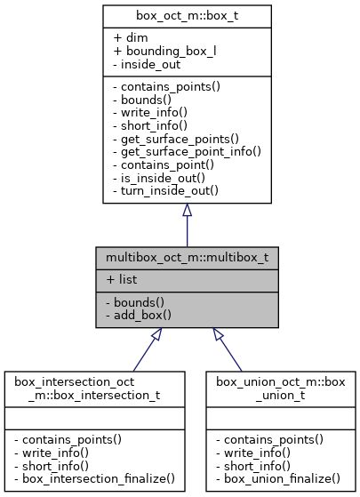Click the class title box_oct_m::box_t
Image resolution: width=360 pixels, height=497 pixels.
click(187, 16)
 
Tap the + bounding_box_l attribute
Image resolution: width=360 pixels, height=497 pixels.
click(165, 51)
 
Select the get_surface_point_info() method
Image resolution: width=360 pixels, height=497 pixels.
click(187, 152)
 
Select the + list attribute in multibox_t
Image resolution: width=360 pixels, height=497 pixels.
click(121, 279)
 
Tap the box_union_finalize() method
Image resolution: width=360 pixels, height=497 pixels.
click(278, 477)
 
